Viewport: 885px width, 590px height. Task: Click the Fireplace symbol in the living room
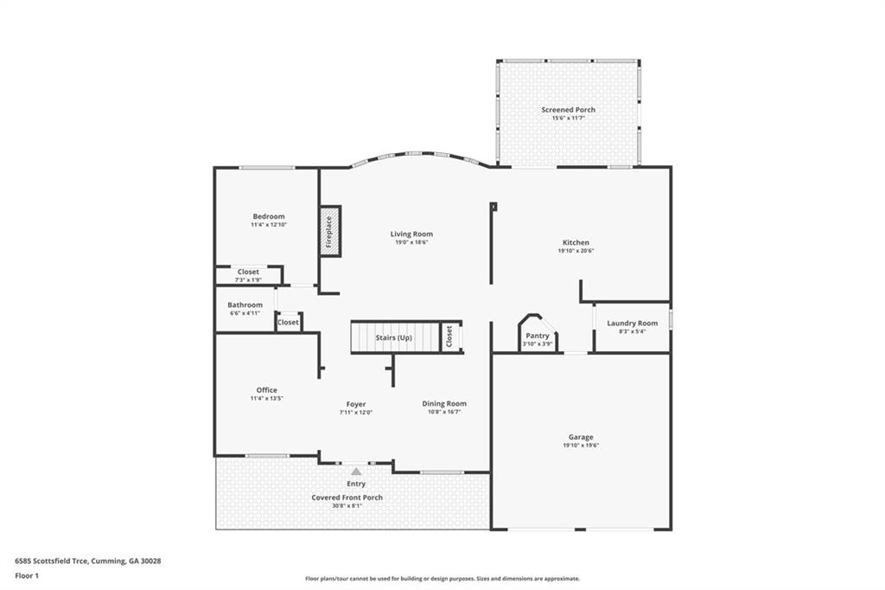tap(331, 232)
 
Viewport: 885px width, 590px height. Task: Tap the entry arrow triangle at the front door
tap(356, 471)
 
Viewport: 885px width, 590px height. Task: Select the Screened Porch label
tap(569, 110)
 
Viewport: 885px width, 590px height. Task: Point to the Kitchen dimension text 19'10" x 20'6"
tap(576, 251)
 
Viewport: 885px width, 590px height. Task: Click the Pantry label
tap(538, 336)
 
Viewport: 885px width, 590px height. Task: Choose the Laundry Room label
tap(632, 324)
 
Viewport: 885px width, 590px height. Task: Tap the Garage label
tap(581, 437)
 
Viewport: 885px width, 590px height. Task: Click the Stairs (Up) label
tap(394, 338)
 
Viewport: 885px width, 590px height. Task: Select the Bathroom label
tap(245, 305)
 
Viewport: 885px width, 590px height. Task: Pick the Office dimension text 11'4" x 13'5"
tap(267, 399)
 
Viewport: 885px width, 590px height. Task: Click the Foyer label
tap(356, 404)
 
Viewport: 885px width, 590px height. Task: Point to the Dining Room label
tap(444, 403)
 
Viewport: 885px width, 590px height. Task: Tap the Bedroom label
tap(269, 216)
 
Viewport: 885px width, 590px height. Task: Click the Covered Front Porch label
tap(347, 497)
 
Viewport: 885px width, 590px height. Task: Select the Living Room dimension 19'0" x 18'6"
tap(411, 242)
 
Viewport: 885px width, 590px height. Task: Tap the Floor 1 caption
tap(27, 576)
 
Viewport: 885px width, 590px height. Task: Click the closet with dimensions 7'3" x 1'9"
tap(248, 275)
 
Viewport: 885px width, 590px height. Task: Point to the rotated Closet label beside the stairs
tap(449, 337)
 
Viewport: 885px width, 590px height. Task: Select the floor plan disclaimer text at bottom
tap(442, 579)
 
